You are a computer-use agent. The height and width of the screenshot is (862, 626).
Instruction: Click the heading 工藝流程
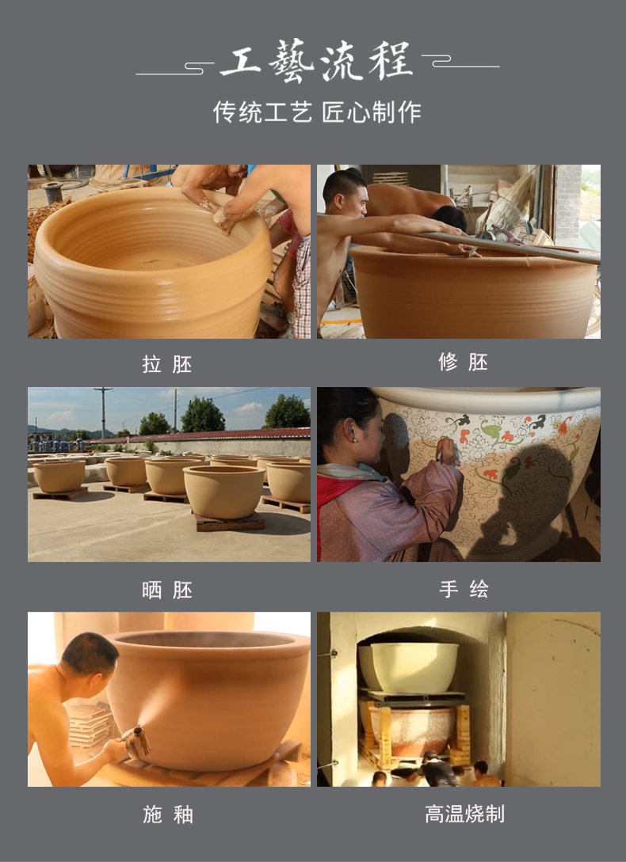click(316, 61)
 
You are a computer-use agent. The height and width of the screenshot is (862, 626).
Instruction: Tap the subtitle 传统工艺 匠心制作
click(317, 112)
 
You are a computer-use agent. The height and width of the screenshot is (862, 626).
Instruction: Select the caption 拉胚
click(167, 364)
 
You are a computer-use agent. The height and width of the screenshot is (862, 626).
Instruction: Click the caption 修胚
click(463, 363)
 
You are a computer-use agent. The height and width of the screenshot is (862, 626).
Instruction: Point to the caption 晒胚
click(167, 590)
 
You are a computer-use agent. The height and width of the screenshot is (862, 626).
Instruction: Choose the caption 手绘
click(464, 590)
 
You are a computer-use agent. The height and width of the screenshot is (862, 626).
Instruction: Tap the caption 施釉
click(168, 815)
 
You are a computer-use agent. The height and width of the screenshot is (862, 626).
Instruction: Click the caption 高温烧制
click(464, 814)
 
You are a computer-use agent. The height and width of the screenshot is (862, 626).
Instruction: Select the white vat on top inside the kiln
click(414, 667)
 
